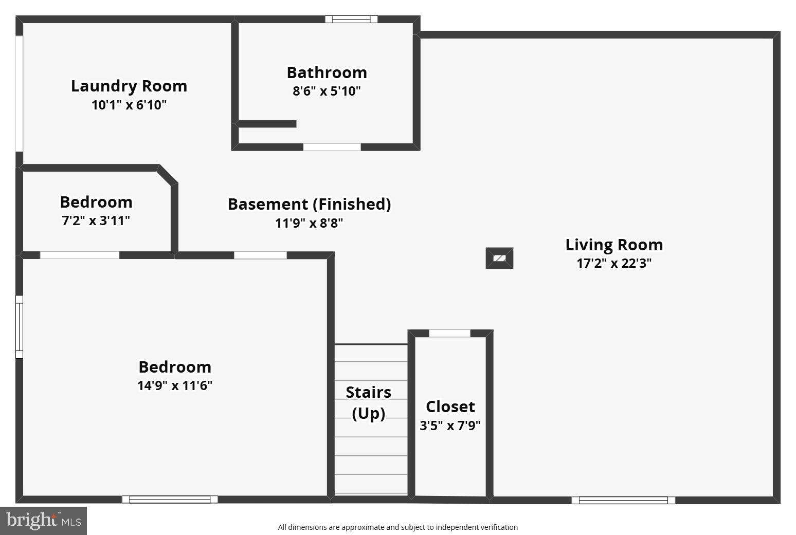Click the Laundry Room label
pyautogui.click(x=129, y=86)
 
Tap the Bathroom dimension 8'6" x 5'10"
pyautogui.click(x=327, y=91)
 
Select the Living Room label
pyautogui.click(x=614, y=245)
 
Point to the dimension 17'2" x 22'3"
pyautogui.click(x=614, y=264)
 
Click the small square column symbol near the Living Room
pyautogui.click(x=499, y=258)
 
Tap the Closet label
pyautogui.click(x=450, y=407)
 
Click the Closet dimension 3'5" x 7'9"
pyautogui.click(x=450, y=426)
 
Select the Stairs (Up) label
pyautogui.click(x=368, y=402)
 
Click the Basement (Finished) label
pyautogui.click(x=309, y=204)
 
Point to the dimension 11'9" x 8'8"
pyautogui.click(x=309, y=223)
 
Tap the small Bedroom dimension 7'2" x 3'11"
pyautogui.click(x=96, y=221)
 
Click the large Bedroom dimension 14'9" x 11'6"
pyautogui.click(x=175, y=385)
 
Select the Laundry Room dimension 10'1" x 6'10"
pyautogui.click(x=129, y=105)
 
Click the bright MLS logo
pyautogui.click(x=43, y=521)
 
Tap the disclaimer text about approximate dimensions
pyautogui.click(x=397, y=527)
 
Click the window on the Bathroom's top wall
pyautogui.click(x=351, y=20)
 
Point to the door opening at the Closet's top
pyautogui.click(x=449, y=334)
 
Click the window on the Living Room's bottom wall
pyautogui.click(x=623, y=500)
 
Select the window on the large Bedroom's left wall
pyautogui.click(x=19, y=327)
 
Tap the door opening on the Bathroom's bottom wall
pyautogui.click(x=332, y=147)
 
